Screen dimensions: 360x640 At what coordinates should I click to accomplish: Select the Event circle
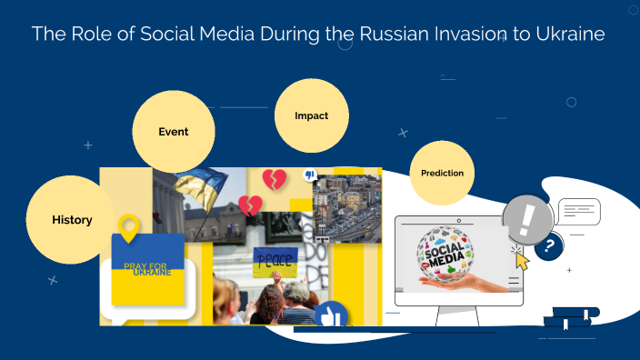pos(174,132)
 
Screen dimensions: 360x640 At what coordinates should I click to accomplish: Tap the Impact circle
pos(312,116)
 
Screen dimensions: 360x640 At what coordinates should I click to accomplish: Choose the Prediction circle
pos(442,173)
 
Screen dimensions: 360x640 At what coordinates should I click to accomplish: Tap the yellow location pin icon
pos(130,228)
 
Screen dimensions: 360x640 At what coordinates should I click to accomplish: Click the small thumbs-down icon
pos(309,175)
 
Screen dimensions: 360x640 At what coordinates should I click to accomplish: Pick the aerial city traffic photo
pos(347,209)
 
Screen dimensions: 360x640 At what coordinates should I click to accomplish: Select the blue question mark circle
pos(548,245)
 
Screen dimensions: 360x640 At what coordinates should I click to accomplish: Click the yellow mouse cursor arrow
pos(522,261)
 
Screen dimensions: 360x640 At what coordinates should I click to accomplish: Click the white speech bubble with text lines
pos(579,213)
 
